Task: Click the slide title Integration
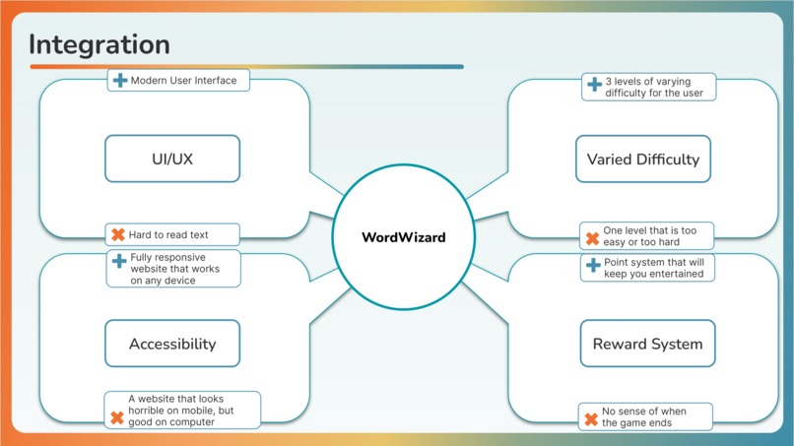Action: [x=99, y=44]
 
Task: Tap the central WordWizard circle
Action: [x=403, y=237]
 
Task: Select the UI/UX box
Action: [x=172, y=159]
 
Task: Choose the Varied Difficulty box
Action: [x=642, y=159]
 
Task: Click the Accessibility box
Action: [x=172, y=344]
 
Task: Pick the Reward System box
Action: [x=647, y=344]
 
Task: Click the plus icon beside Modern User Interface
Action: [x=119, y=80]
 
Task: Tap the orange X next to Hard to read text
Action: [x=117, y=234]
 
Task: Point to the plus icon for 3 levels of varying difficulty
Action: [x=593, y=86]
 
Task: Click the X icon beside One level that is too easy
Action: [x=592, y=237]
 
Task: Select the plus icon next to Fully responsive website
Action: [x=118, y=262]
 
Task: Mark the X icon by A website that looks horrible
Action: [x=116, y=416]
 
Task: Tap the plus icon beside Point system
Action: [x=593, y=266]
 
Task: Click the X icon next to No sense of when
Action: [x=591, y=419]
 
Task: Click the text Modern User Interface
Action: [x=183, y=80]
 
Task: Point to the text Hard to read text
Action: [x=167, y=234]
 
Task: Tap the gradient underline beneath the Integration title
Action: [x=246, y=67]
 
